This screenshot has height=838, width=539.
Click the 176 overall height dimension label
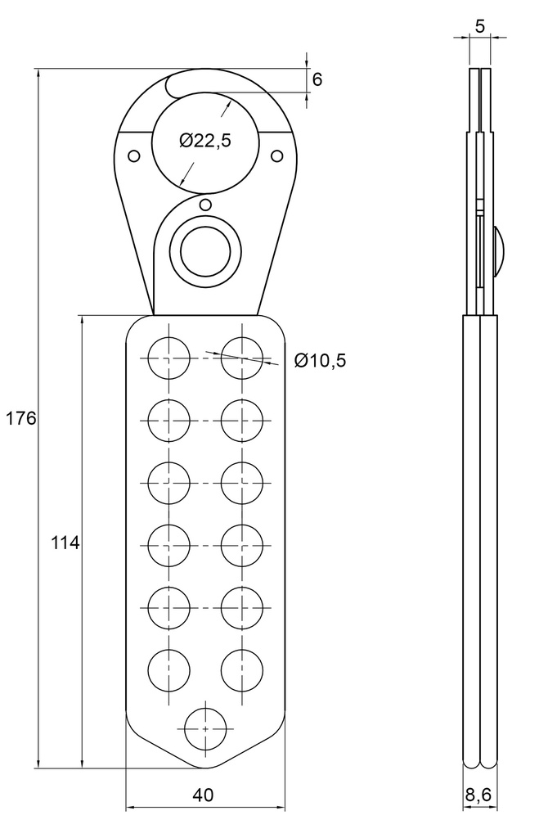(20, 418)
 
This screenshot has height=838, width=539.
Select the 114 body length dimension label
(65, 542)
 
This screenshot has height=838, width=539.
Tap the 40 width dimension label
(204, 795)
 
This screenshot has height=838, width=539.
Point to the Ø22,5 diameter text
(205, 141)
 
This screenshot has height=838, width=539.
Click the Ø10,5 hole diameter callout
(320, 360)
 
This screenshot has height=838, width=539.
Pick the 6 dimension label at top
(317, 79)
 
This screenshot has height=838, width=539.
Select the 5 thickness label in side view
(480, 25)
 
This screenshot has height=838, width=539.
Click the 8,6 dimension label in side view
(478, 795)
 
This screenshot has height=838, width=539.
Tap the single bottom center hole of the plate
(205, 726)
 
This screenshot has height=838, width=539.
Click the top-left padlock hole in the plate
(168, 358)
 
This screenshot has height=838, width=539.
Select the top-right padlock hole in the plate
(243, 358)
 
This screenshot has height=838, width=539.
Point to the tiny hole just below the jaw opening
(205, 205)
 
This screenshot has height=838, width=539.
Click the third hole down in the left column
(168, 483)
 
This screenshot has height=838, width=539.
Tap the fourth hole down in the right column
(243, 544)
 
